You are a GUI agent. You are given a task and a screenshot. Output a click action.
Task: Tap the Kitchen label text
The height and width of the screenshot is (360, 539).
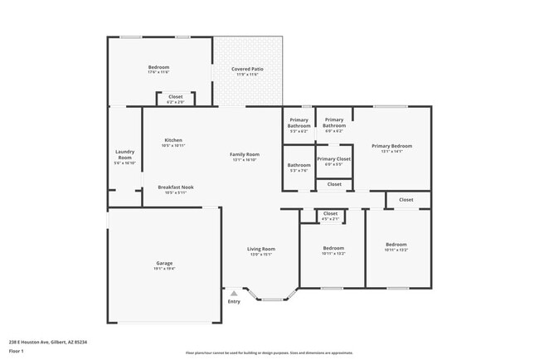click(x=173, y=140)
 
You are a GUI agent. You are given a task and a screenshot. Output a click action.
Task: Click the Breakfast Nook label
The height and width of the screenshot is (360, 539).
click(x=176, y=187)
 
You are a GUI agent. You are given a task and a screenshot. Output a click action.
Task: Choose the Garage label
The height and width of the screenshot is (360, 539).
click(x=163, y=263)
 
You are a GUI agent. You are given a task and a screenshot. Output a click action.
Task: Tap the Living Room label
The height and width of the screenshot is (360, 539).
click(x=261, y=249)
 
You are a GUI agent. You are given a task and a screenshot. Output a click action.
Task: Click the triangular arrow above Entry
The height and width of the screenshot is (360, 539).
click(x=234, y=293)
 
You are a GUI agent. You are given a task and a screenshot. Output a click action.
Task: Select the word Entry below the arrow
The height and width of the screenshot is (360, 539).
click(x=234, y=301)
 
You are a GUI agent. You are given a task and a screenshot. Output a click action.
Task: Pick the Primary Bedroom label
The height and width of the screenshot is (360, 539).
click(x=391, y=146)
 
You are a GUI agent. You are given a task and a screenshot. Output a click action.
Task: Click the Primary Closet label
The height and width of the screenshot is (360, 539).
click(x=333, y=158)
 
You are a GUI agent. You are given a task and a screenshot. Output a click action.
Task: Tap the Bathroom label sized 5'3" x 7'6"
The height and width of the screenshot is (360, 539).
click(x=299, y=165)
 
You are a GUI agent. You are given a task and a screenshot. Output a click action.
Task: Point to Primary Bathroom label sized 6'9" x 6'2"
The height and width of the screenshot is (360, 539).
click(x=333, y=123)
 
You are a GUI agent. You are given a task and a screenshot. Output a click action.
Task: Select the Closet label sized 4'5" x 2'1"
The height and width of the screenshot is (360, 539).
click(x=330, y=214)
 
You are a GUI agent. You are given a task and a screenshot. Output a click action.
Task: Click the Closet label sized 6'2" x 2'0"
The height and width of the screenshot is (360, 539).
click(x=176, y=97)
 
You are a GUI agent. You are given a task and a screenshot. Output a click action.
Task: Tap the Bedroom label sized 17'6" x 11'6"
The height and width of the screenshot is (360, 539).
click(x=159, y=67)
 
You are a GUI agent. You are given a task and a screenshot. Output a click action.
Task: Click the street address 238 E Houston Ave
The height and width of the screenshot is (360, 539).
click(x=48, y=342)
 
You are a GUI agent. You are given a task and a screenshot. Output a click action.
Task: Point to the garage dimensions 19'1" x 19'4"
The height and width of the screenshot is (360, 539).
click(x=163, y=269)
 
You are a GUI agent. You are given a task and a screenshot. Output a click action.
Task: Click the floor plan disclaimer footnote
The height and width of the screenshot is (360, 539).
click(x=269, y=353)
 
